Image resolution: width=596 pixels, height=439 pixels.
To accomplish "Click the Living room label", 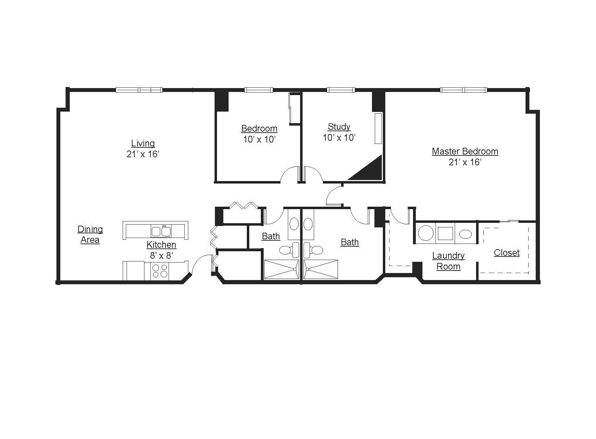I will click(143, 143).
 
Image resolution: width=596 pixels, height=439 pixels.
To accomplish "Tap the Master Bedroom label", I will click(465, 151).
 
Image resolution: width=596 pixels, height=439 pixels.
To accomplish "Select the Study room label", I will click(339, 127).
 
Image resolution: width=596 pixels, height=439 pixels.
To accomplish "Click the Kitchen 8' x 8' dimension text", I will click(162, 255).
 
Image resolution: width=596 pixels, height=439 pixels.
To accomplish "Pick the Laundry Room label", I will click(448, 261).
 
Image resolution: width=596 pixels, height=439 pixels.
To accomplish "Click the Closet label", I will click(507, 253).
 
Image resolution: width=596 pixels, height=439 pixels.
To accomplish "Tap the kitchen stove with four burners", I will click(160, 271).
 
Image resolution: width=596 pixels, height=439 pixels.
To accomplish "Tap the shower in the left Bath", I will click(281, 269).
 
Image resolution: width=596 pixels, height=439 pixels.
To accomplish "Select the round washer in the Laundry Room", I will click(426, 233).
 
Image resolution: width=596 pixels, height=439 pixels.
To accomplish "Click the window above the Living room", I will click(139, 90).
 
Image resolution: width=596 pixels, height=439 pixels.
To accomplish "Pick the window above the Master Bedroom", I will click(463, 90).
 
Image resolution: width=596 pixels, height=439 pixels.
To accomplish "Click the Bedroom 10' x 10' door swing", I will click(289, 174).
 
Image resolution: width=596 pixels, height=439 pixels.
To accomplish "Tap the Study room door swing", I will click(313, 174).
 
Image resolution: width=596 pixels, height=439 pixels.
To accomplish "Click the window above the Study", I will click(341, 90).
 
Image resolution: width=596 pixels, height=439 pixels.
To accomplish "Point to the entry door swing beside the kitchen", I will click(201, 264).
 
